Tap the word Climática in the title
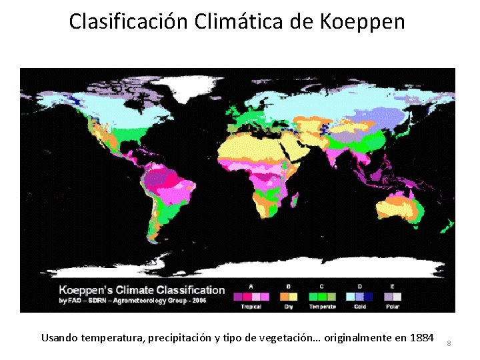click(x=239, y=22)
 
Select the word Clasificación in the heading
click(x=129, y=22)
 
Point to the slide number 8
click(x=449, y=343)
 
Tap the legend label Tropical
click(x=251, y=306)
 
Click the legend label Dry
click(x=288, y=306)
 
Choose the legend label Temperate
click(x=322, y=306)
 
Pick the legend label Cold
click(x=359, y=306)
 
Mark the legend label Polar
click(x=393, y=306)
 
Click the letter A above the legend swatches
click(x=251, y=286)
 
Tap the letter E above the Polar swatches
click(x=393, y=286)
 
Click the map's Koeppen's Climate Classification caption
click(x=142, y=290)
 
